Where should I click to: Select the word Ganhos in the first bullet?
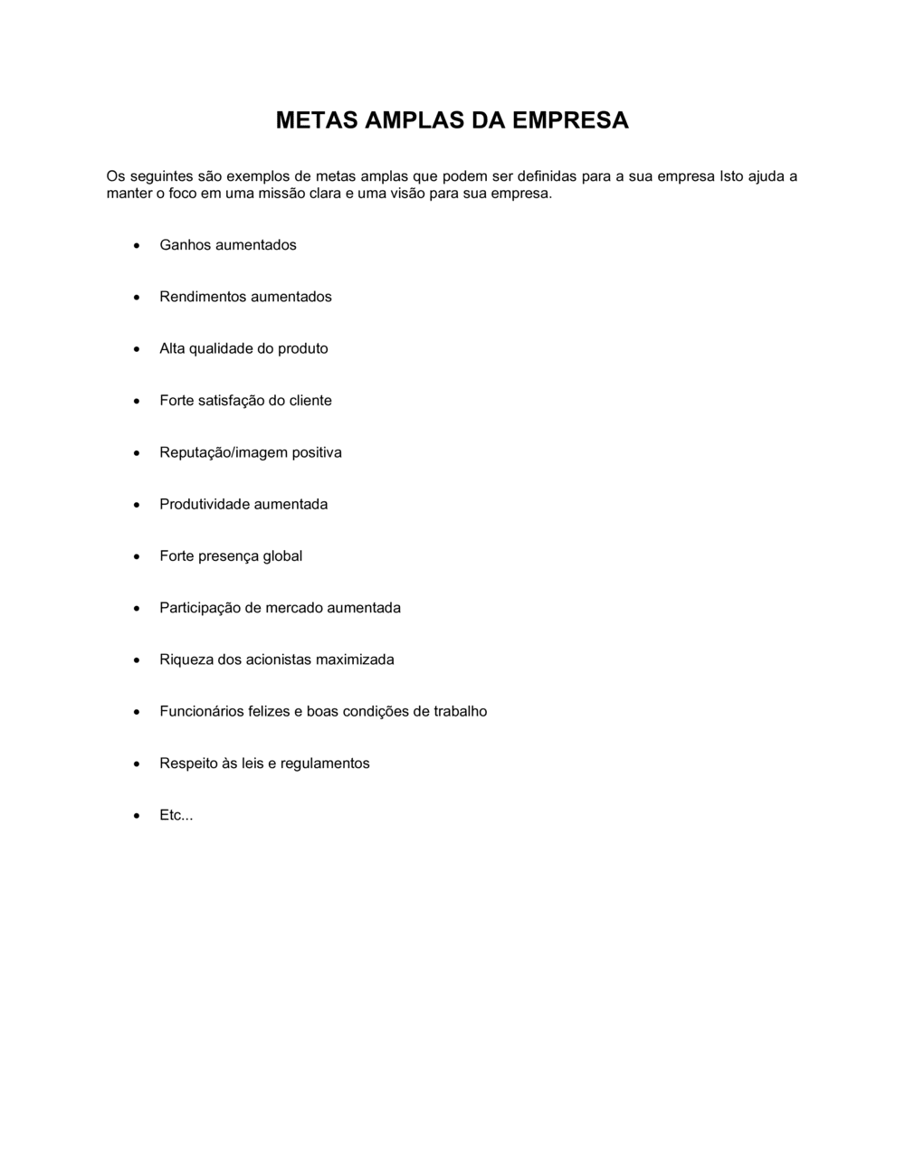coord(186,245)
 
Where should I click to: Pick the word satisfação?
coord(231,401)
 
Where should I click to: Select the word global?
coord(282,555)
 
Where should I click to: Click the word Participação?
coord(200,608)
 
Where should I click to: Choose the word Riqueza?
coord(186,659)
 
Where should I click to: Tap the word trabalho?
coord(460,711)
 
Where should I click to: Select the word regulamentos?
coord(325,764)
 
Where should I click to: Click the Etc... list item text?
coord(176,815)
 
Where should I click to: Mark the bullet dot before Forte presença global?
coord(137,556)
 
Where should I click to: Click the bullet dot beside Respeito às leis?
coord(137,764)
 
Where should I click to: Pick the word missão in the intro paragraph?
coord(285,194)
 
